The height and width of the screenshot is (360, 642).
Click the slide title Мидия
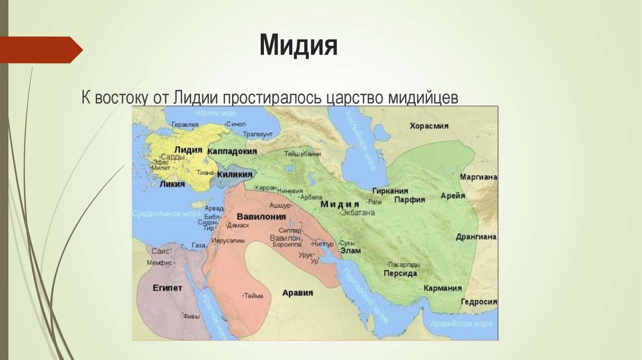[298, 46]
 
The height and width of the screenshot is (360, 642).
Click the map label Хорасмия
[429, 126]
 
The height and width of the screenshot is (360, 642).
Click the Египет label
[167, 288]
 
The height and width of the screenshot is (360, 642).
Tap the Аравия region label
[298, 292]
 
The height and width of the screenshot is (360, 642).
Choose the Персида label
[401, 273]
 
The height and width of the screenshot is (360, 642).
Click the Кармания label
[442, 288]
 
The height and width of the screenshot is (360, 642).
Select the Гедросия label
[478, 302]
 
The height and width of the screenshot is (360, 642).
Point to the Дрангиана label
[478, 236]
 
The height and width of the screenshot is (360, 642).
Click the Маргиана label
[478, 177]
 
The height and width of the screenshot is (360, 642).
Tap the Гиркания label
[390, 191]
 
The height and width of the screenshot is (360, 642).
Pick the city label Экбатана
[357, 213]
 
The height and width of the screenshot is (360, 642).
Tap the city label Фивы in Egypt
[192, 316]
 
